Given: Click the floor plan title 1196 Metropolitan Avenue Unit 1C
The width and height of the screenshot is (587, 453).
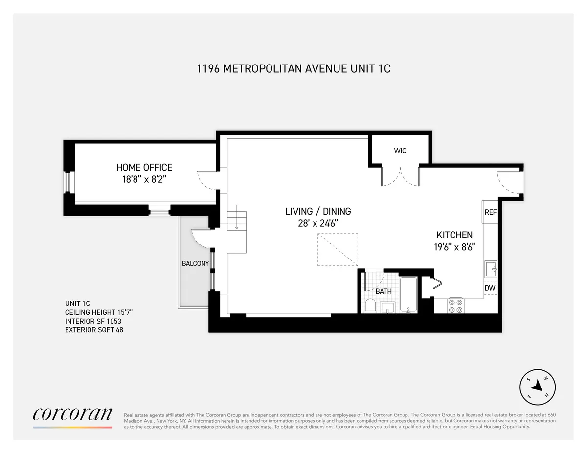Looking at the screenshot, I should coord(293,68).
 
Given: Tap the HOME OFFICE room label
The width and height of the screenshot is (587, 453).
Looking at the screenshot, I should coord(144,168).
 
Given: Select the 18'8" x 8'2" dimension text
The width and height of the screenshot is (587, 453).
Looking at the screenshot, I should coord(144,179).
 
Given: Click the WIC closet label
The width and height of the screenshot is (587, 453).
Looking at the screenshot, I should coord(400,151).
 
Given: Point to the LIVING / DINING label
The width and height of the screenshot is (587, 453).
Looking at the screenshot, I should coord(318,211).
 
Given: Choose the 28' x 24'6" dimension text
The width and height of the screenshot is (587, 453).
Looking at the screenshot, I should coord(318,223).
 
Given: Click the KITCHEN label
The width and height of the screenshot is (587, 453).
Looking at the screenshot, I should coord(454,235).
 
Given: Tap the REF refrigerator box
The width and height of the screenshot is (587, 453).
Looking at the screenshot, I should coord(490,212).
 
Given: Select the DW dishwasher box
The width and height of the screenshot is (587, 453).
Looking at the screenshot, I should coord(490,288).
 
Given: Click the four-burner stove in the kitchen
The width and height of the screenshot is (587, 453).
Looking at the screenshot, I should coord(456,305).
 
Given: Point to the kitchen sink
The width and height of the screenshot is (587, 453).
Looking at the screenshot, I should coord(491,268).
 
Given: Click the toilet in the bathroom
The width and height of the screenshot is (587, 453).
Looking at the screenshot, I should coord(371,306).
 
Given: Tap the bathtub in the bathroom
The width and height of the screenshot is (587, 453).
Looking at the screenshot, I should coord(408,295).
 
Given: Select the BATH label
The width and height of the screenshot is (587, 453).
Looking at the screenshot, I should coord(384,291).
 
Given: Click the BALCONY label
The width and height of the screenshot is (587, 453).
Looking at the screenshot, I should coord(195,263).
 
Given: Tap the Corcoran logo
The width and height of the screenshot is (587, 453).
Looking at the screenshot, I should coord(72,415).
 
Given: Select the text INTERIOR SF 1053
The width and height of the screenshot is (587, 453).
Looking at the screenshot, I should coord(93,321).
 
